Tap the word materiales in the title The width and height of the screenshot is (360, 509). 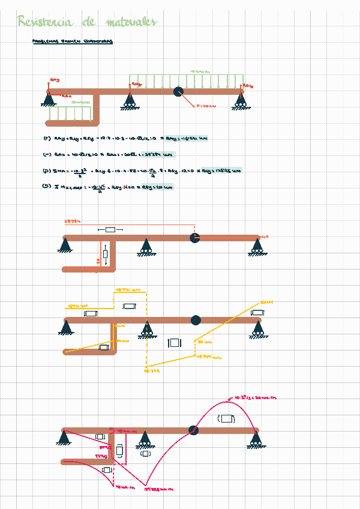pos(131,22)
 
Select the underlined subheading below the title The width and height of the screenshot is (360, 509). pos(73,41)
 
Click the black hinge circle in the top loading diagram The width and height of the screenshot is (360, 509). pos(178,91)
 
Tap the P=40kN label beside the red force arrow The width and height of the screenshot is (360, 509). pos(206,107)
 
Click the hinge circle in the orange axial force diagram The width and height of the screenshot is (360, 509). pos(194,238)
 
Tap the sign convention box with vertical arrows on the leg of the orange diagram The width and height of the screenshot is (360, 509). pos(106,254)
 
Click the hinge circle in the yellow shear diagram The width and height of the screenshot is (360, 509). pos(195,320)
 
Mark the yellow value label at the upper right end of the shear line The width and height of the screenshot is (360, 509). pos(267,302)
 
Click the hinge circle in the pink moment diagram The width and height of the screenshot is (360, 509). pos(194,430)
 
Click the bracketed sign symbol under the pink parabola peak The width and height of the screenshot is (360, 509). pos(227,418)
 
